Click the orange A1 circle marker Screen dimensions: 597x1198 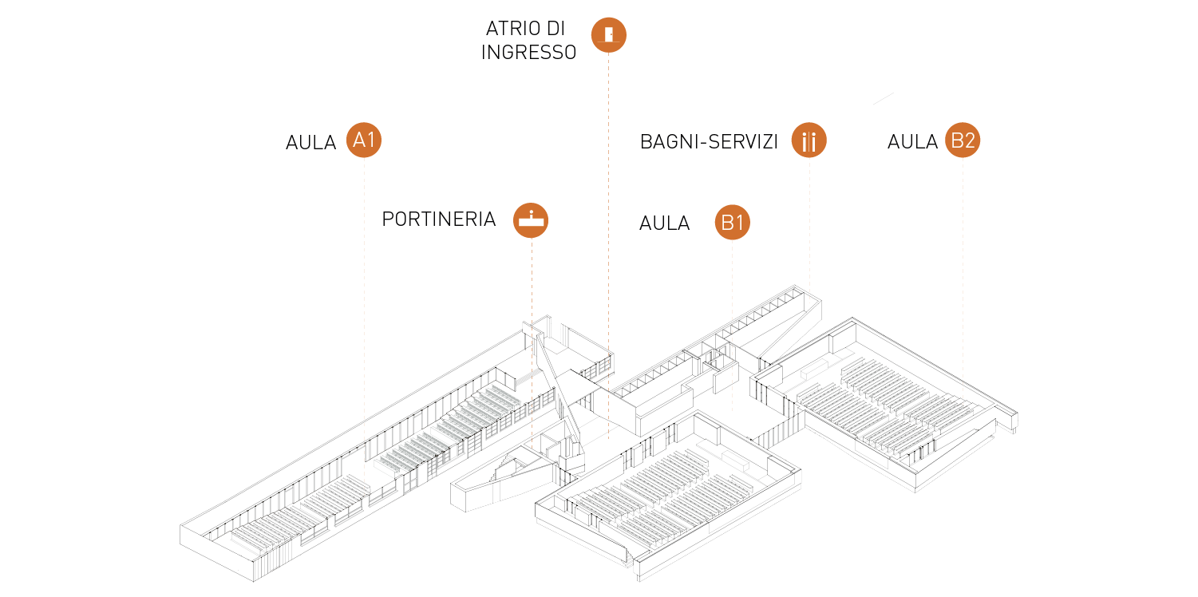[x=364, y=140]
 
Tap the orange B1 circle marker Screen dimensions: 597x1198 [x=732, y=223]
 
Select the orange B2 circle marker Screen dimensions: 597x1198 [x=963, y=140]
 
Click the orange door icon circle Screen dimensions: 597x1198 [x=608, y=34]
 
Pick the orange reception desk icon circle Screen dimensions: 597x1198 [x=531, y=219]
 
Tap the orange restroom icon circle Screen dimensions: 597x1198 [x=809, y=141]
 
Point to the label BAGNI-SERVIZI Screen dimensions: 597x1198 [x=709, y=142]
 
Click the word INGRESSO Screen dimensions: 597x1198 [x=528, y=53]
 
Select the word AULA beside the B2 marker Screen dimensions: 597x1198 [x=912, y=141]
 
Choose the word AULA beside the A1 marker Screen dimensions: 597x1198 [x=312, y=142]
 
